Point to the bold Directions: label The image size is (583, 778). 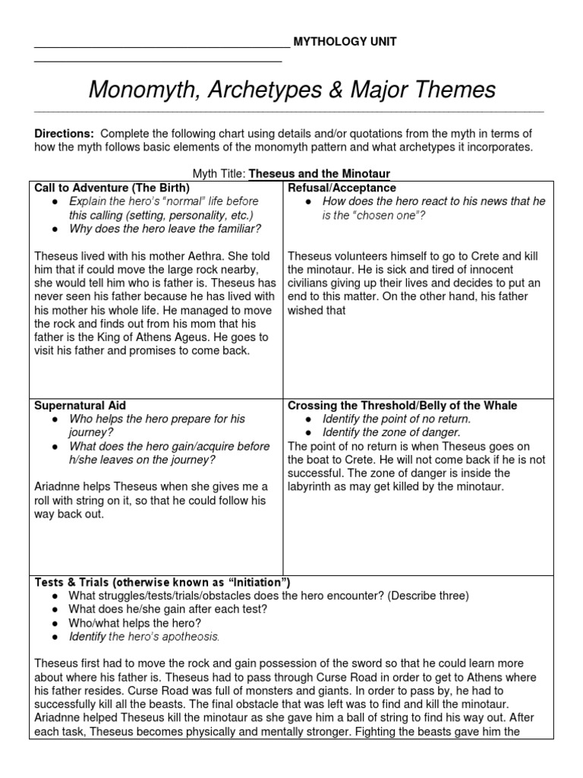[x=65, y=133]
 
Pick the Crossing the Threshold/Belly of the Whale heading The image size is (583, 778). [x=402, y=406]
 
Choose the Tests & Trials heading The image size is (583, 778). [x=162, y=582]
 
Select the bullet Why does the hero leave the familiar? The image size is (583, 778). [x=165, y=229]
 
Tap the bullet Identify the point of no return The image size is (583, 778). [x=396, y=419]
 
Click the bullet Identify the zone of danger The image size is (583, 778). [x=391, y=432]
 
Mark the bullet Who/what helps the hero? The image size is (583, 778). [x=134, y=622]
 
